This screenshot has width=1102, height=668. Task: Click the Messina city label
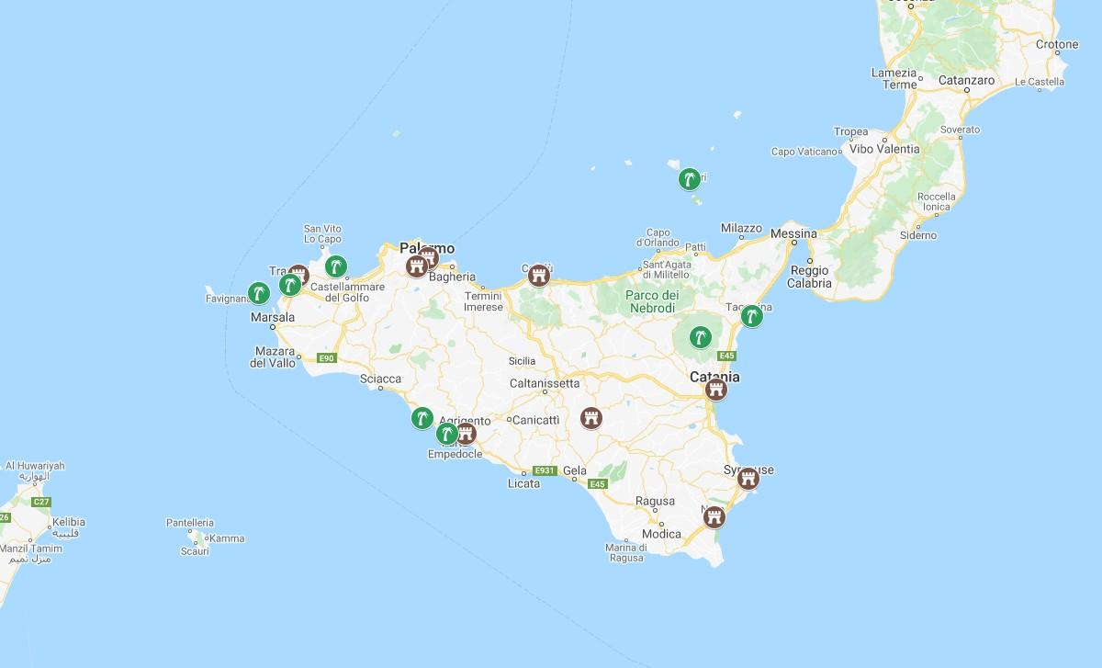pyautogui.click(x=794, y=233)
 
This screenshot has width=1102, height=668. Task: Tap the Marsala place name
pyautogui.click(x=273, y=318)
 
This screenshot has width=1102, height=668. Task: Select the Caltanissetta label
pyautogui.click(x=545, y=383)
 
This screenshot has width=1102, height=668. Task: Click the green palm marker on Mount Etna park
pyautogui.click(x=702, y=336)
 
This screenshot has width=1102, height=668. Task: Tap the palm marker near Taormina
pyautogui.click(x=752, y=316)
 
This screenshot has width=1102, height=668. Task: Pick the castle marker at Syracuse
pyautogui.click(x=748, y=478)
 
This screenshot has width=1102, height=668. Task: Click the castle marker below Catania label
pyautogui.click(x=716, y=391)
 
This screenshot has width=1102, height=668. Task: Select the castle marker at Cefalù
pyautogui.click(x=539, y=275)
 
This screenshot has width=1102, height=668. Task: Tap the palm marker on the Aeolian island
pyautogui.click(x=688, y=179)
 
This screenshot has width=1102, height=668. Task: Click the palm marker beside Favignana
pyautogui.click(x=259, y=293)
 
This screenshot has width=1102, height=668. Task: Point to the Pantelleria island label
pyautogui.click(x=190, y=522)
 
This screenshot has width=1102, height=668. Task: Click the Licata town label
pyautogui.click(x=524, y=483)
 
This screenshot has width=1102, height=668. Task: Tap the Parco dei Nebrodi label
pyautogui.click(x=653, y=301)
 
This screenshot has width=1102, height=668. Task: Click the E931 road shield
pyautogui.click(x=545, y=470)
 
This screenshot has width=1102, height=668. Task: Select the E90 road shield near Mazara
pyautogui.click(x=327, y=357)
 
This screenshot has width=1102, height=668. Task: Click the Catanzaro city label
pyautogui.click(x=966, y=80)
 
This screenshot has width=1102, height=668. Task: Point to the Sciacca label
pyautogui.click(x=381, y=378)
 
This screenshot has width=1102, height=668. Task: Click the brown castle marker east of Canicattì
pyautogui.click(x=591, y=419)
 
